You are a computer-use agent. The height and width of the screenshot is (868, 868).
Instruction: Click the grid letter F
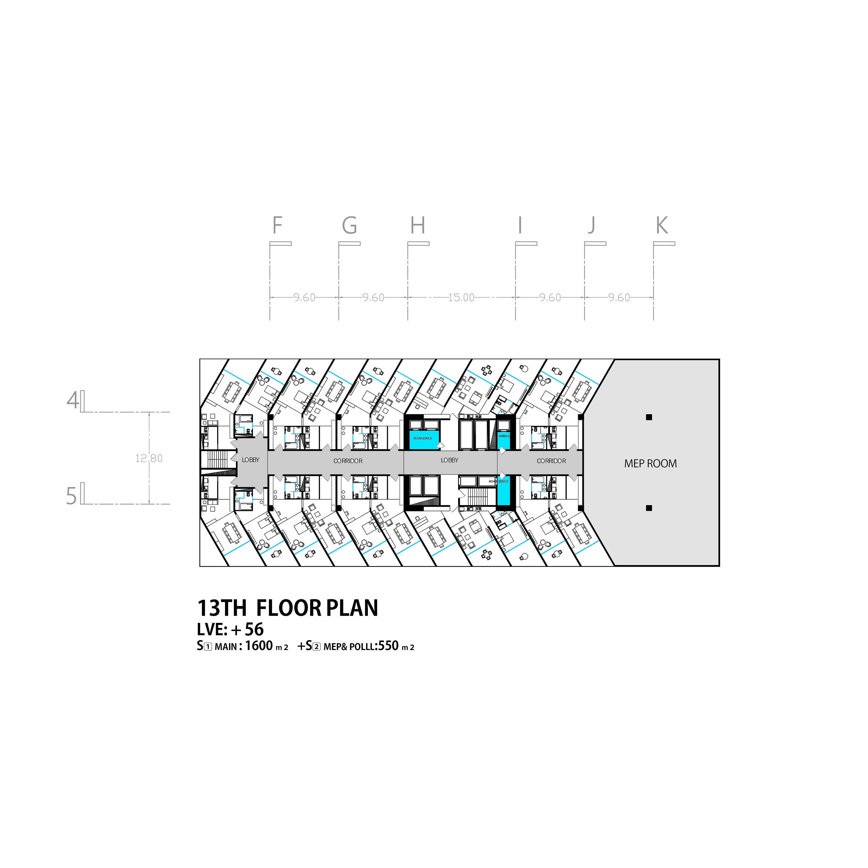click(277, 225)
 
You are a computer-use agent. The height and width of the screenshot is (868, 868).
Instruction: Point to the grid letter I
click(520, 225)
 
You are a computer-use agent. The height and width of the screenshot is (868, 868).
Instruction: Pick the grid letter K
click(662, 225)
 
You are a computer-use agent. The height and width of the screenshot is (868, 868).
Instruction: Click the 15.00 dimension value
click(461, 297)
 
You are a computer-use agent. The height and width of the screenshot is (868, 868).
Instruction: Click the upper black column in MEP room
click(649, 417)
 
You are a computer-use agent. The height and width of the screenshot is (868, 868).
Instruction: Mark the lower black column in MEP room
click(649, 508)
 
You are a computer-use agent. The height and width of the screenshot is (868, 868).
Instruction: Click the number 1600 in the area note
click(259, 646)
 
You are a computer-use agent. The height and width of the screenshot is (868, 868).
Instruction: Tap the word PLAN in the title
click(352, 608)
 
